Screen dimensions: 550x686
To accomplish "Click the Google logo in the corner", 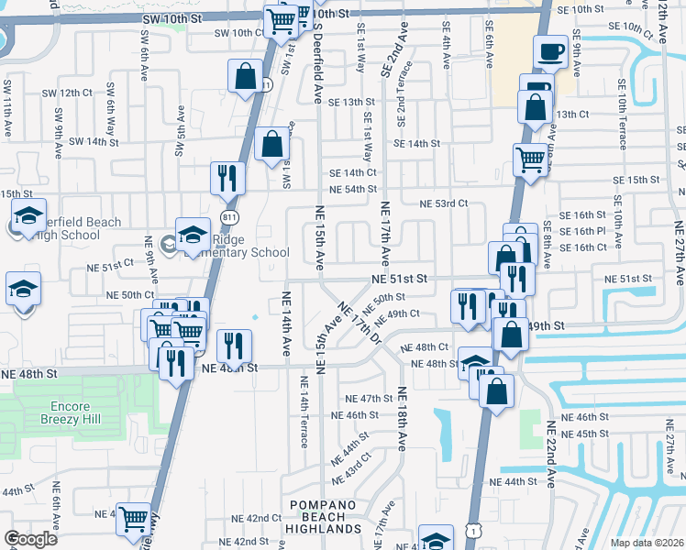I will coord(31,539).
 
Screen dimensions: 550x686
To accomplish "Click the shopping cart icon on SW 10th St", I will coord(280,20).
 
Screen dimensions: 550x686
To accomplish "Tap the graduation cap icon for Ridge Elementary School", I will coord(194,236).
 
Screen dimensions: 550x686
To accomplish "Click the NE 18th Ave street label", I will coord(401,419).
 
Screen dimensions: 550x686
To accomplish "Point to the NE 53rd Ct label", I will coord(444,203).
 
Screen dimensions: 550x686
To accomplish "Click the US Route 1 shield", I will coord(471,530).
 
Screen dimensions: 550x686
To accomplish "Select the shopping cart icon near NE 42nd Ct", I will coord(134,518).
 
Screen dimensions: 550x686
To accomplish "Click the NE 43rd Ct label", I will coord(352,467).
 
